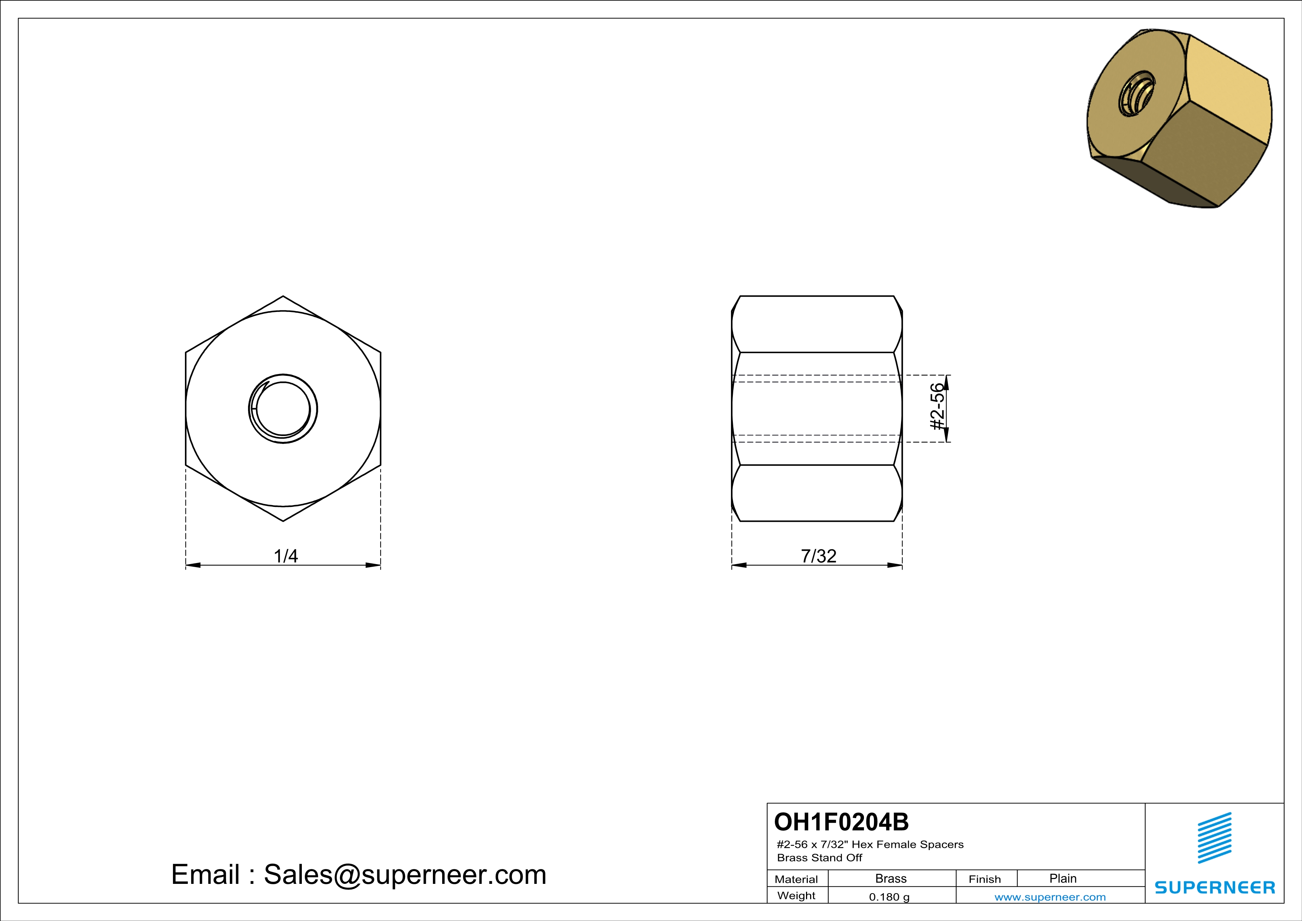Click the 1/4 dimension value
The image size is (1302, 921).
coord(286,556)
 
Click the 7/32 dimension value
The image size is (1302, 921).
coord(818,556)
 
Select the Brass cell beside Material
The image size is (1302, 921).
coord(891,878)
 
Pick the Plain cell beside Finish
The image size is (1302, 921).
coord(1063,878)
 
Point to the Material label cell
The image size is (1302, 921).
coord(796,879)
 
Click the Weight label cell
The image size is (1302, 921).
coord(796,895)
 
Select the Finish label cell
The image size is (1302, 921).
coord(985,879)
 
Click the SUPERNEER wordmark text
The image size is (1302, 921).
coord(1215,888)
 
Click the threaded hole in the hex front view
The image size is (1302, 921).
coord(283,409)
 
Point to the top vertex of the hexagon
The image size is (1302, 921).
coord(283,296)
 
